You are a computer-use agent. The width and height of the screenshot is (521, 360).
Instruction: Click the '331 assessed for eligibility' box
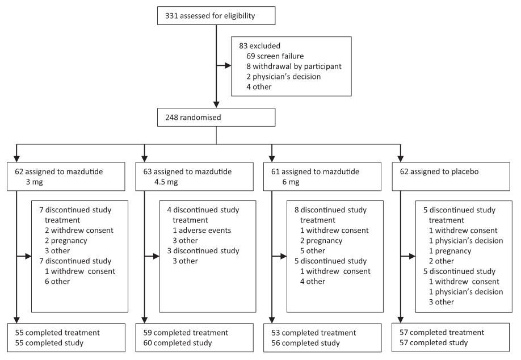tap(216, 16)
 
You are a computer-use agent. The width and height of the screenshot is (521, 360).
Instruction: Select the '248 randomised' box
tap(216, 118)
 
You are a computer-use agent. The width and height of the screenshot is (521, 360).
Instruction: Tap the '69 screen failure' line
tap(275, 56)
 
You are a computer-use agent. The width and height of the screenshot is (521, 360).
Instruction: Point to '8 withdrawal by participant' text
tap(294, 66)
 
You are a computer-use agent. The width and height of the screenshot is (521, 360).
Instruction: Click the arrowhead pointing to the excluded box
tap(228, 65)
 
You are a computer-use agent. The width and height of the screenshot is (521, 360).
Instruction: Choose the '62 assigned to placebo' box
tap(451, 177)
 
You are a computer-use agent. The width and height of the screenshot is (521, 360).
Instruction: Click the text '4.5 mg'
tap(166, 182)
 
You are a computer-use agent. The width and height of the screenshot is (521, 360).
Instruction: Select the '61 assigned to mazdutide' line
tap(316, 171)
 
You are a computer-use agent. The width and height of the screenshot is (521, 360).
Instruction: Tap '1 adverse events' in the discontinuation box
tap(201, 231)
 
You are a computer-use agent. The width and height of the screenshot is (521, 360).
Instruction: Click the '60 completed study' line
tap(178, 343)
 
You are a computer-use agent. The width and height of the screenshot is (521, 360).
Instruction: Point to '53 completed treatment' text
tap(314, 333)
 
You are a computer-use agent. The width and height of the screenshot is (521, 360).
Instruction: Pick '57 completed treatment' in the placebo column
tap(442, 332)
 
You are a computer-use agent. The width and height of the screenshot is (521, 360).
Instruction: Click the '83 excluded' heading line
tap(260, 46)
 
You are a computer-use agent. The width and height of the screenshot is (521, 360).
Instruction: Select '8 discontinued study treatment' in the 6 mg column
tap(331, 215)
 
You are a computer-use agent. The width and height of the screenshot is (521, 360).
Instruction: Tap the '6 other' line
tap(57, 282)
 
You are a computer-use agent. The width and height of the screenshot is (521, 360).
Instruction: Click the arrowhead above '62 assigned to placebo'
tap(400, 158)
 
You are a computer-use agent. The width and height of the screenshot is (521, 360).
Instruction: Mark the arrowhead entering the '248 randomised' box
tap(216, 104)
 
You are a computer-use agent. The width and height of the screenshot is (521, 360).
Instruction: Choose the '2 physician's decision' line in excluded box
tap(283, 77)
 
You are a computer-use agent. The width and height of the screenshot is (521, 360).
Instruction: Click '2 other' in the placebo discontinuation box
tap(441, 261)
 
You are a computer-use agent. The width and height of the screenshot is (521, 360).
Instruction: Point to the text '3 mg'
tap(35, 182)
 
